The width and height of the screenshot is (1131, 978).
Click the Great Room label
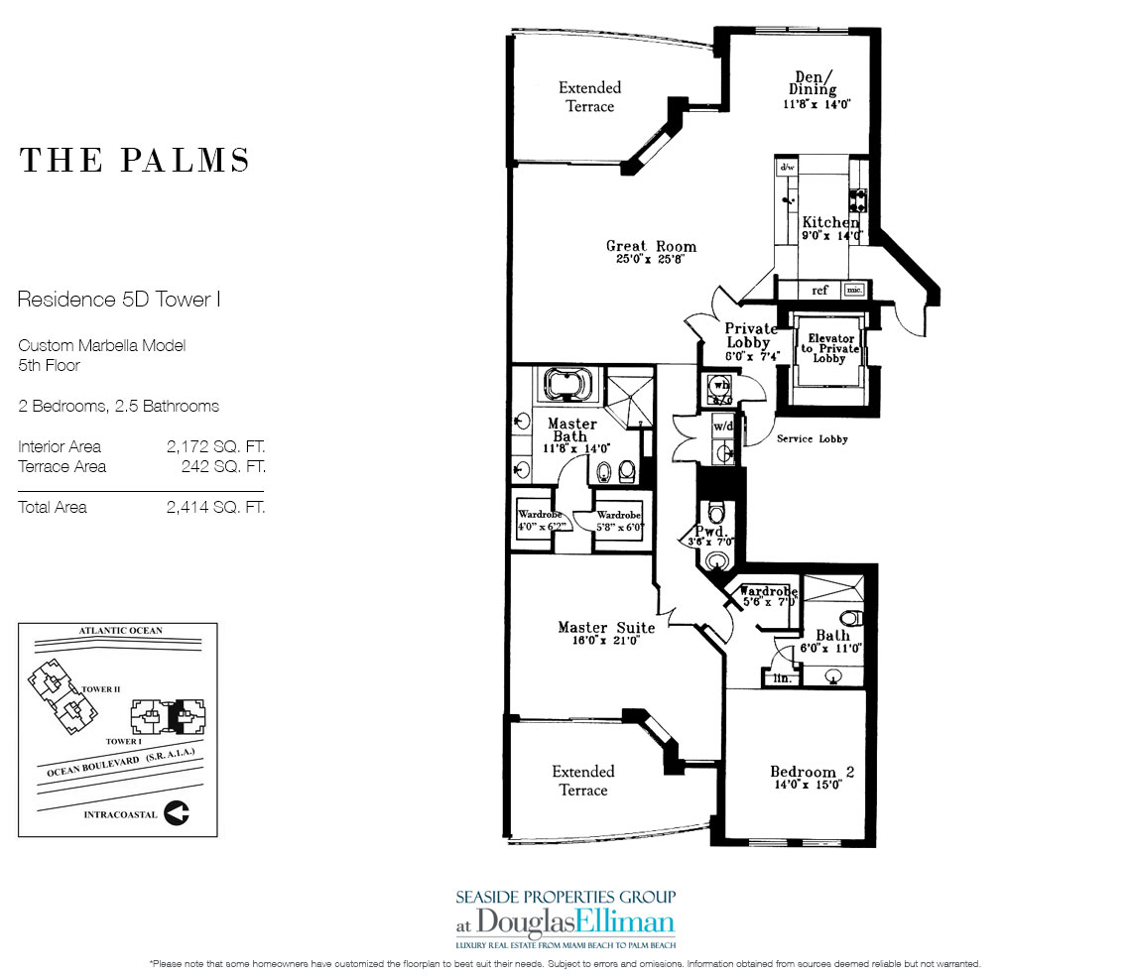(x=651, y=246)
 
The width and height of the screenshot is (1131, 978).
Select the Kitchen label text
(x=830, y=222)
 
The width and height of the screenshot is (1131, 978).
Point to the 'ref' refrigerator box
(x=819, y=291)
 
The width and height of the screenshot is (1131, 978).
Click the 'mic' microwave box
(x=852, y=291)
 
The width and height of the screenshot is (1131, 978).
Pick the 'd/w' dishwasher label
(x=788, y=168)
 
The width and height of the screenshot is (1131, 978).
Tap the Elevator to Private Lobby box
(x=829, y=348)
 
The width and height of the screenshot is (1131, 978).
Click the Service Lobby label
(x=813, y=438)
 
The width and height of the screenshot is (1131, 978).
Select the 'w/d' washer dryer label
(x=722, y=428)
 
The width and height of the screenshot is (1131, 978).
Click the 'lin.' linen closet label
(x=781, y=677)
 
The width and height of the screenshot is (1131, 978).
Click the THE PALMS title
(x=135, y=161)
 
